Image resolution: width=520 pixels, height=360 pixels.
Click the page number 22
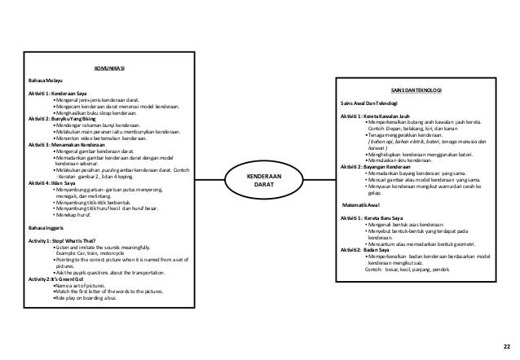(505, 346)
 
